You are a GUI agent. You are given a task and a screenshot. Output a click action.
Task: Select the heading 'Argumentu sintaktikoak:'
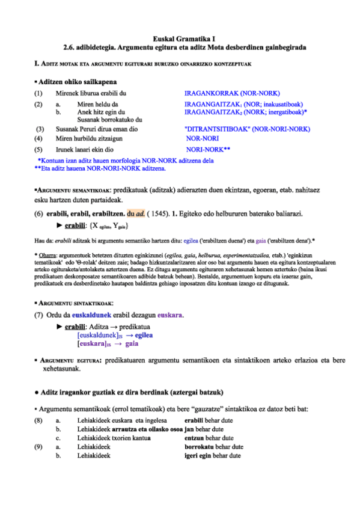[x=76, y=304]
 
